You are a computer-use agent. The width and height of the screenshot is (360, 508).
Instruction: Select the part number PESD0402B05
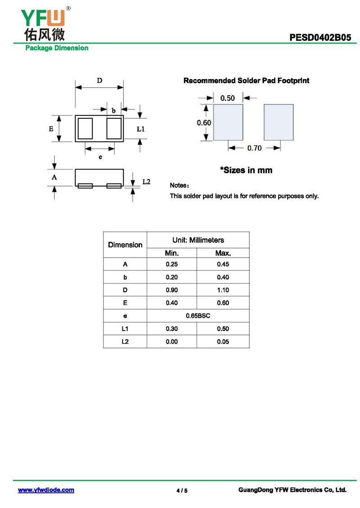pos(320,38)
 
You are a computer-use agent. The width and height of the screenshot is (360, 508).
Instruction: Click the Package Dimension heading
pos(57,48)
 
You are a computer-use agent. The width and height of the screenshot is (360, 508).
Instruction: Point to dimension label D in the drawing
pos(99,80)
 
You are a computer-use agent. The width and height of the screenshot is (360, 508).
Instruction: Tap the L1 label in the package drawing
pos(140,129)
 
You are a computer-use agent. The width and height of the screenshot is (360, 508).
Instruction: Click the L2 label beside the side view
pos(146,182)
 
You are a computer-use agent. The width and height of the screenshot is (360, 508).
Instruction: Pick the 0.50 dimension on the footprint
pos(228,98)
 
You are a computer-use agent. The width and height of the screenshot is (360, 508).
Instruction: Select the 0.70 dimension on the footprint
pos(254,148)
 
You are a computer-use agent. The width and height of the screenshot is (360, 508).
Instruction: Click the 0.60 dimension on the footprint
pos(204,123)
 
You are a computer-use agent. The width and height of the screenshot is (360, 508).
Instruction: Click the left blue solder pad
pos(228,122)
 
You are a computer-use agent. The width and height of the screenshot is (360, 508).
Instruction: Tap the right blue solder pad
pos(279,122)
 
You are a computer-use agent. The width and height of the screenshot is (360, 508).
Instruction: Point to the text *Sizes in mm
pos(246,170)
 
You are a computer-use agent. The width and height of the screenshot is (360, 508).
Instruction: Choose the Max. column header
pos(223,253)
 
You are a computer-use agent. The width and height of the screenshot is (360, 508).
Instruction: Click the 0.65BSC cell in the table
pos(198,316)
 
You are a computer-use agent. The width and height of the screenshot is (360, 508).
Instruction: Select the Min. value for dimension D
pos(172,290)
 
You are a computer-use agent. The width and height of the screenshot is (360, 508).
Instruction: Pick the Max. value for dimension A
pos(223,264)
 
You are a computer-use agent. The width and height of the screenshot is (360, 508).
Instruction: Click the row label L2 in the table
pos(125,342)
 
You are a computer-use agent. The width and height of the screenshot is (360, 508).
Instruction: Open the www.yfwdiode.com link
pos(46,490)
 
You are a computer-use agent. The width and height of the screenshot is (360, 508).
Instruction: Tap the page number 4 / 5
pos(182,490)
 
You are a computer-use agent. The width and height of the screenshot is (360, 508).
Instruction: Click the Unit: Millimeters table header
pos(198,240)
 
